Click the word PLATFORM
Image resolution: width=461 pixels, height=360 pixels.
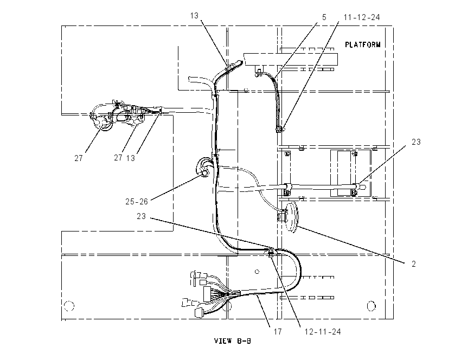coord(362,44)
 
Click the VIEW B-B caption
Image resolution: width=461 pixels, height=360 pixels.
coord(233,341)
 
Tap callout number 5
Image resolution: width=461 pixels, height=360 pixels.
coord(324,17)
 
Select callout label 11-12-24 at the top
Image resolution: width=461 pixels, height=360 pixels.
coord(362,17)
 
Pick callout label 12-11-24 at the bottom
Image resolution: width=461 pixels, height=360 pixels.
coord(323,332)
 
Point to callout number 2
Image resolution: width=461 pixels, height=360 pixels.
coord(414,264)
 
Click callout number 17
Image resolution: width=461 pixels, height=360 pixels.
coord(278,332)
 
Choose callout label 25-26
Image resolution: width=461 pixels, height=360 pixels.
coord(137,202)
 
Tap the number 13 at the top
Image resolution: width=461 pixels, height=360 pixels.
coord(194,16)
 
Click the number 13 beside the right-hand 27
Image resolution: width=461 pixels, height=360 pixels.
coord(131,158)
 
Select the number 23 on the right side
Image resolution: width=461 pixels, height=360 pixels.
coord(416,142)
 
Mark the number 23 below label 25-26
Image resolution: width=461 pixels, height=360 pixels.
coord(141,216)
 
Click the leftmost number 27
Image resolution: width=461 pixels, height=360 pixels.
coord(79,158)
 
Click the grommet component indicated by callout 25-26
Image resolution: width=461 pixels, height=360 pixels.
coord(203,169)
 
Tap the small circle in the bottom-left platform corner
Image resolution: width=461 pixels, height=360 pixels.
coord(69,306)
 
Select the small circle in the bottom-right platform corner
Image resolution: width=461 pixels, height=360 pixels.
coord(372,306)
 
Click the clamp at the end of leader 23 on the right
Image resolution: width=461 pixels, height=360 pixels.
coord(355,188)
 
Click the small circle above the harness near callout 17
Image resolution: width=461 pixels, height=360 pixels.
coord(257,272)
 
